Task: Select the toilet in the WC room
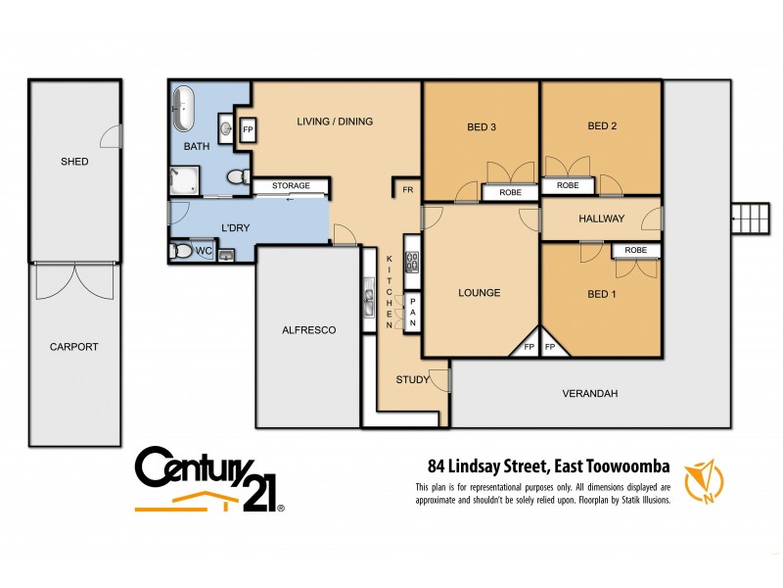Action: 181,252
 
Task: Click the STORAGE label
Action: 291,185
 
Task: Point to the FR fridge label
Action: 403,189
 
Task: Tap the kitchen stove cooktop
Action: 412,262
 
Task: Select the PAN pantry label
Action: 413,312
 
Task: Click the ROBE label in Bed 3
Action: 508,193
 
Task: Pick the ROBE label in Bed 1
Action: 635,251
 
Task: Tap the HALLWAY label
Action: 601,219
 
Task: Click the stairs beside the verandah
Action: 751,214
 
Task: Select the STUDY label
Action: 412,380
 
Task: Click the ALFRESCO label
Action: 308,330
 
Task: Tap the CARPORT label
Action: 74,347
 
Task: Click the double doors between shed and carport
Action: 74,281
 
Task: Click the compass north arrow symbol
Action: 704,480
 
